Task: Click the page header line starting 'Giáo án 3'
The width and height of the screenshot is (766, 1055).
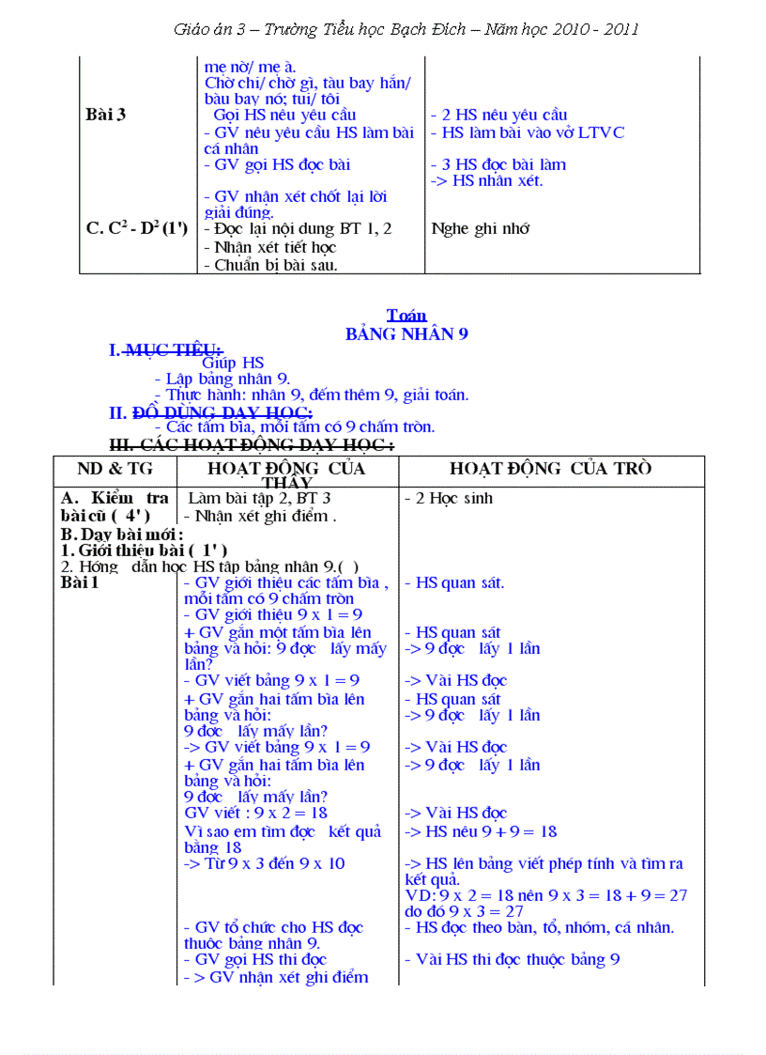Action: tap(406, 29)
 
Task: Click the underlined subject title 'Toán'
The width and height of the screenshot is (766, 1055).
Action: tap(406, 316)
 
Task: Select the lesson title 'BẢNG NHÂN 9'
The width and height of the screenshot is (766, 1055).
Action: tap(406, 334)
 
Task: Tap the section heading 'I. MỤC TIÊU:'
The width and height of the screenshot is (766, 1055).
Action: tap(166, 350)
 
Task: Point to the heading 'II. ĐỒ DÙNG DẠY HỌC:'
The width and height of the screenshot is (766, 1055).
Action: tap(211, 411)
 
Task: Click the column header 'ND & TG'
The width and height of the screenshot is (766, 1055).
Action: tap(115, 469)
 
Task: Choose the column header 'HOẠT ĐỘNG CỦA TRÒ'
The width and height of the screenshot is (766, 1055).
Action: tap(550, 469)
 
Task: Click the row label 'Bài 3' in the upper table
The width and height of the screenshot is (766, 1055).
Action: tap(105, 115)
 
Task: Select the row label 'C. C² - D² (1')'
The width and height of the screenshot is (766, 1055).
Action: tap(137, 228)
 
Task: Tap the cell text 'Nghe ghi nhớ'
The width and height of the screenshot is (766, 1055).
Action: tap(481, 228)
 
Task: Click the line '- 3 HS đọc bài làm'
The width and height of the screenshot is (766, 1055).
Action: tap(498, 164)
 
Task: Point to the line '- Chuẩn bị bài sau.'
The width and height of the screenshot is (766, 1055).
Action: tap(269, 265)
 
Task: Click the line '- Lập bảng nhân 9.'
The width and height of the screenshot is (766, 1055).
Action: tap(222, 379)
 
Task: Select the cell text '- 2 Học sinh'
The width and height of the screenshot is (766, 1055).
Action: tap(449, 498)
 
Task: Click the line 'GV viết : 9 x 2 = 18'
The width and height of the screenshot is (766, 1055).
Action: tap(255, 813)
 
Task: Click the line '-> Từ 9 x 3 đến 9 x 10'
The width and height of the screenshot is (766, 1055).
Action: tap(265, 863)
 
